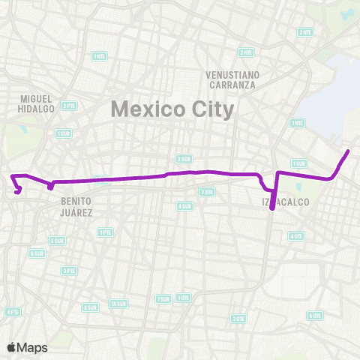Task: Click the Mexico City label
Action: click(172, 109)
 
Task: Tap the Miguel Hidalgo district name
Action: click(37, 103)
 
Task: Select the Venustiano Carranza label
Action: click(232, 79)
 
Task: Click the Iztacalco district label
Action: click(281, 202)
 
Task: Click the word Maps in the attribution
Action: click(32, 347)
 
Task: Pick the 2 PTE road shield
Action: click(68, 106)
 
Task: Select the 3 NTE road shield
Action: click(304, 31)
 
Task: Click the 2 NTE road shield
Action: click(246, 52)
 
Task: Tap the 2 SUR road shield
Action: click(184, 159)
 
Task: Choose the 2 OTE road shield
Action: click(206, 192)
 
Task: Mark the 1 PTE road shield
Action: click(105, 232)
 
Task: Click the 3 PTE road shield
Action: click(69, 271)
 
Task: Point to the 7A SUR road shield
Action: click(118, 304)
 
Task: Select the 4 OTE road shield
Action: click(295, 235)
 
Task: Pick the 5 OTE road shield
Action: click(315, 315)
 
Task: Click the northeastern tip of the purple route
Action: click(349, 151)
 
